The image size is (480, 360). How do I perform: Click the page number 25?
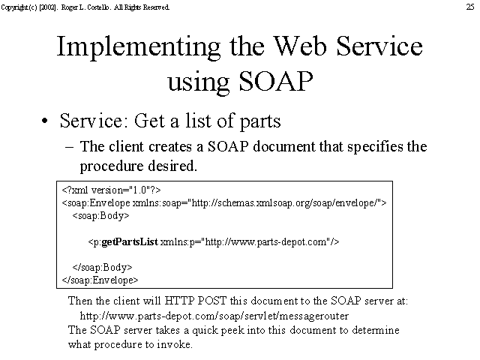point(470,7)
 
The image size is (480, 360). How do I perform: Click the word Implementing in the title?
point(139,47)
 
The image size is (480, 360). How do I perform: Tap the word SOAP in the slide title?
point(276,82)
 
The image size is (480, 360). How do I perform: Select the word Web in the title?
point(300,46)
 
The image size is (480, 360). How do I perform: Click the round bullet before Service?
point(45,121)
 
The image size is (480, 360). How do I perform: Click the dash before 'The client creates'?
point(70,147)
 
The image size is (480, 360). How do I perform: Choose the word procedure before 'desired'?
point(112,166)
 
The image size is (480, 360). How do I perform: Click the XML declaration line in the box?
point(111,190)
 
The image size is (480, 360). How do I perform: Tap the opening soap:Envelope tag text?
point(96,203)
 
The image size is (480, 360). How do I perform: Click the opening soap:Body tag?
point(100,216)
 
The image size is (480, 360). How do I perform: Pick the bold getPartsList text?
point(130,241)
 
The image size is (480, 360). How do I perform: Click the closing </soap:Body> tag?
point(102,267)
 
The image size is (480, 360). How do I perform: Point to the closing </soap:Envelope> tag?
point(100,280)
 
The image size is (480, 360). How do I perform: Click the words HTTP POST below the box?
point(195,301)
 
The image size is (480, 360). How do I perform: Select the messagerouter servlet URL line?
point(214,316)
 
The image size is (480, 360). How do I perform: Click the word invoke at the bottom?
point(175,345)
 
